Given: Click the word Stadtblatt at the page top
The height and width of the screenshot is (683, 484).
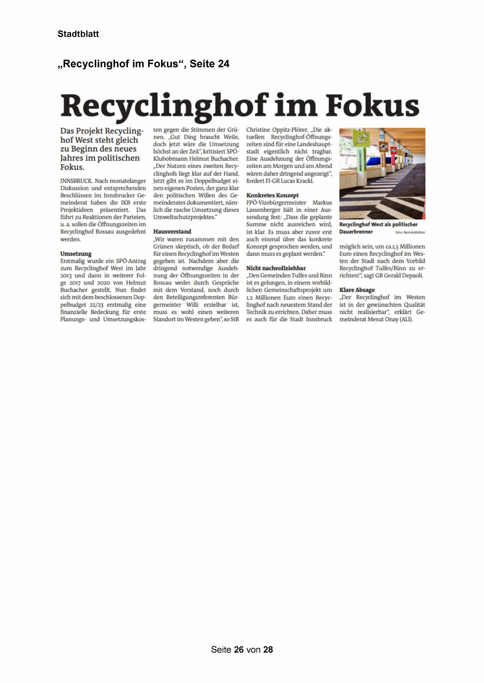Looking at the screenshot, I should tap(78, 34).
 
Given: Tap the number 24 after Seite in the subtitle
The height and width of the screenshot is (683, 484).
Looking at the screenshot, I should tap(223, 64).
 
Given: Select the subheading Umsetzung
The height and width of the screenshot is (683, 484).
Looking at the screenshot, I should tap(76, 253).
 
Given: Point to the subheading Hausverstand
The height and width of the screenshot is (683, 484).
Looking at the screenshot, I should tap(172, 231).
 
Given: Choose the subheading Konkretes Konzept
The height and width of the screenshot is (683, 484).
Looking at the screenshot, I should tap(272, 195).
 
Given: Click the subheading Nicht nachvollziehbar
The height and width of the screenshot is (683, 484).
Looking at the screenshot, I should tap(276, 268).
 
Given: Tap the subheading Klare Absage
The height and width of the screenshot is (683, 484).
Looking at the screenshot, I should tap(357, 290).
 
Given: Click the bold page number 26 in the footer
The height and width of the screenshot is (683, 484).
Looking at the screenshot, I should tap(239, 650).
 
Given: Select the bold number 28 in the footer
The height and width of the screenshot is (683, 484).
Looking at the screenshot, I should tap(268, 650).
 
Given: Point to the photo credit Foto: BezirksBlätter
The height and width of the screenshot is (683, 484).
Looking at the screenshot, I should tap(410, 232).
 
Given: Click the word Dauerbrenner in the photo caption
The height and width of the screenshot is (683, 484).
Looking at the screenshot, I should tap(356, 232).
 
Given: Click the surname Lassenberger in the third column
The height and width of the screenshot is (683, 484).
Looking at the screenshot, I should tap(264, 209).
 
